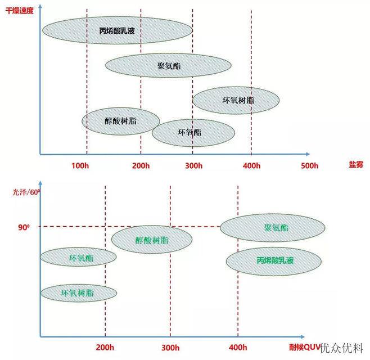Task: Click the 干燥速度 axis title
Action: point(20,11)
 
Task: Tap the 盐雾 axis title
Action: point(356,164)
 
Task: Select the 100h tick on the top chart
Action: point(80,165)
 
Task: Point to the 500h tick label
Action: point(310,165)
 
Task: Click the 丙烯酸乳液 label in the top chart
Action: point(117,31)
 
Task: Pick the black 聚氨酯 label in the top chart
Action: point(169,66)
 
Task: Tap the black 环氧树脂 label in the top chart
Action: point(238,100)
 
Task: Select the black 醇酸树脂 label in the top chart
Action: point(120,121)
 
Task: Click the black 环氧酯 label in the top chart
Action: point(189,132)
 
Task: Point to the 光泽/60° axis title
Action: point(26,192)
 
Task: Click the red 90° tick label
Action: point(24,227)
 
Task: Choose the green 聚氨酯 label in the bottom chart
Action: point(276,228)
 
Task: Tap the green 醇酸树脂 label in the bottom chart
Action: point(152,240)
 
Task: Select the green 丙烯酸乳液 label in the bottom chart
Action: point(275,260)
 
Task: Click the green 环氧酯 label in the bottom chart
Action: point(81,258)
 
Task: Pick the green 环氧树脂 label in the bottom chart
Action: point(78,293)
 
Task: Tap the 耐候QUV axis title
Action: point(305,347)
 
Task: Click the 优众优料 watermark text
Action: point(341,348)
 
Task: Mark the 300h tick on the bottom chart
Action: point(170,348)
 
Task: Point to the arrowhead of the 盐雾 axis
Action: point(308,154)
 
